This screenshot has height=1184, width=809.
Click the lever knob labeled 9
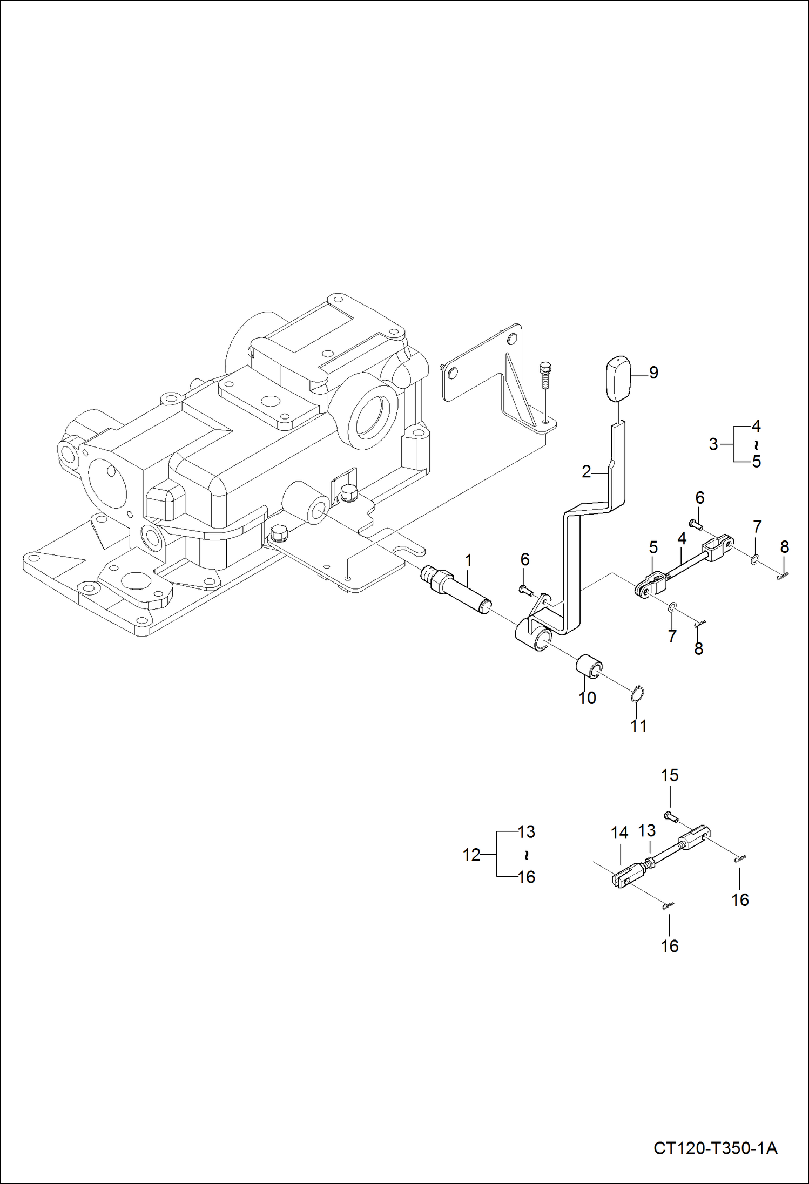click(x=617, y=378)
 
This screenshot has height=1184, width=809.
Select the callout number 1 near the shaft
click(x=468, y=560)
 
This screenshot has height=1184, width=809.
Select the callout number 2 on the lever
click(x=587, y=471)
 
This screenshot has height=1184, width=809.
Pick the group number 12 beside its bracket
click(x=471, y=855)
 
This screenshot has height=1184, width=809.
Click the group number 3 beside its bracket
click(x=713, y=444)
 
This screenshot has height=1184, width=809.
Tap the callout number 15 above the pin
click(x=670, y=775)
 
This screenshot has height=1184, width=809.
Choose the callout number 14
click(x=619, y=833)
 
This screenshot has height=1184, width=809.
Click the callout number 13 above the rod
click(x=647, y=830)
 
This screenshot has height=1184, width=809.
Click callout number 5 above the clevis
click(x=653, y=547)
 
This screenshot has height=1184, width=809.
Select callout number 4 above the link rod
click(x=682, y=538)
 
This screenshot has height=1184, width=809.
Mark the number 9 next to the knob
click(x=653, y=372)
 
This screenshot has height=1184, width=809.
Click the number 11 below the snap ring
click(x=639, y=726)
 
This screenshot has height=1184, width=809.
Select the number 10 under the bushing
click(x=587, y=698)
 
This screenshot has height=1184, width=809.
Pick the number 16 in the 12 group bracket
click(x=527, y=877)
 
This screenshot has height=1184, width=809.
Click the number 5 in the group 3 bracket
click(x=756, y=462)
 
